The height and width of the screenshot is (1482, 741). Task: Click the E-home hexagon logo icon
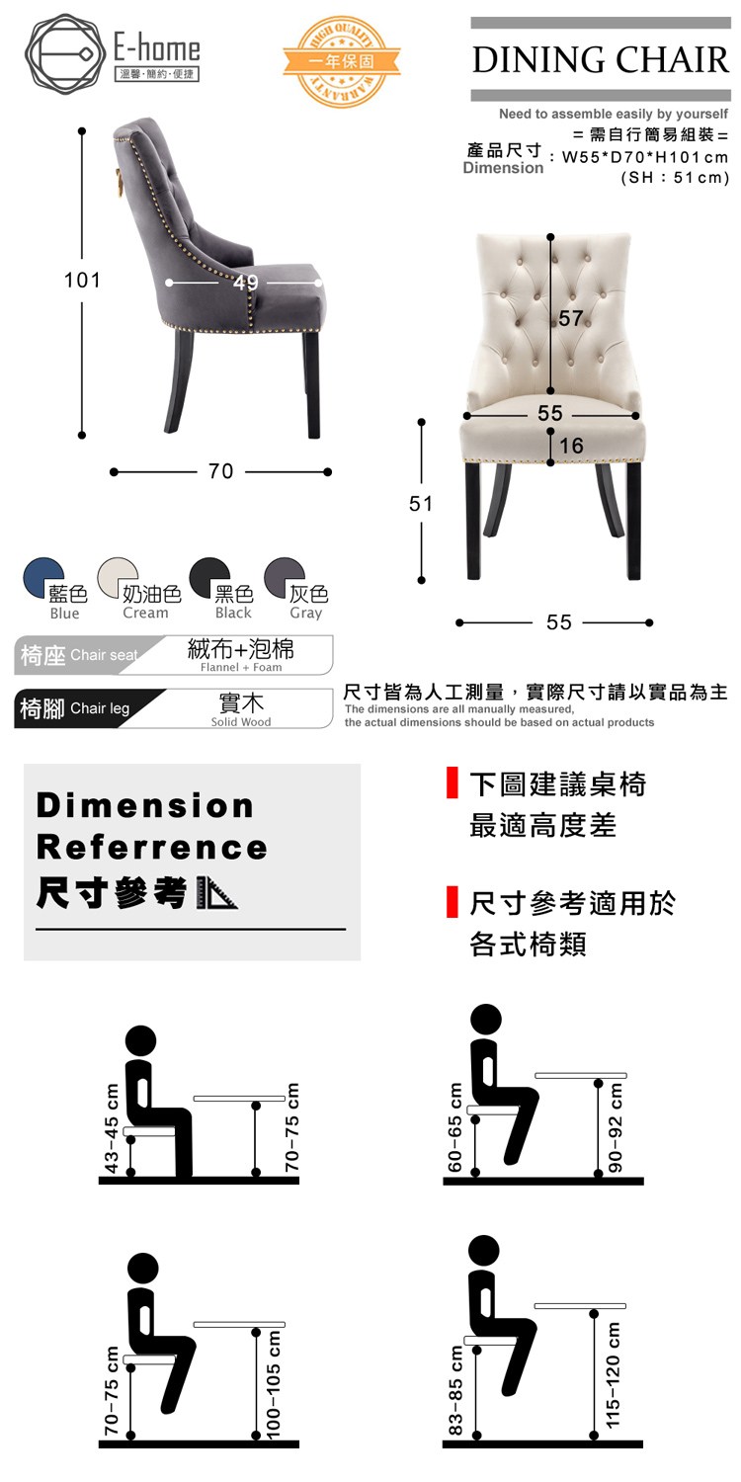(x=65, y=54)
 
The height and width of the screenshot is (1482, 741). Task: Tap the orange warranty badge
(x=342, y=61)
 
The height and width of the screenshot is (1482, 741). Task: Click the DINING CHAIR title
(x=601, y=59)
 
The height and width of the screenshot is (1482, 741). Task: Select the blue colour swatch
(x=43, y=576)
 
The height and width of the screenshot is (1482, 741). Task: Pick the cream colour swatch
(x=118, y=576)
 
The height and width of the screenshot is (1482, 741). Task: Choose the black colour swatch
(x=209, y=576)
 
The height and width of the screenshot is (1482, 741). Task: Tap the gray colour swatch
(x=284, y=576)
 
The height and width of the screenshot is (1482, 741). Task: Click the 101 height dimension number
(x=82, y=280)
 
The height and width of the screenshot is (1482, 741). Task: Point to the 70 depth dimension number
(x=221, y=471)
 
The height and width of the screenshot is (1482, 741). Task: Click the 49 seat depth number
(x=245, y=284)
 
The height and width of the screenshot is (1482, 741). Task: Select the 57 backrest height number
(x=570, y=319)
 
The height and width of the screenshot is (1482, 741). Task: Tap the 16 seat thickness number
(x=572, y=446)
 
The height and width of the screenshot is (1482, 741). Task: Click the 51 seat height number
(x=421, y=504)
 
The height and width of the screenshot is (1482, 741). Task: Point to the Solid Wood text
(x=241, y=722)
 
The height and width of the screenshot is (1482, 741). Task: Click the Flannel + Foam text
(x=241, y=668)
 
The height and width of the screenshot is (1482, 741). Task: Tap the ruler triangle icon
(x=217, y=894)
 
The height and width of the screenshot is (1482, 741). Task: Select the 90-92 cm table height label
(x=615, y=1127)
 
